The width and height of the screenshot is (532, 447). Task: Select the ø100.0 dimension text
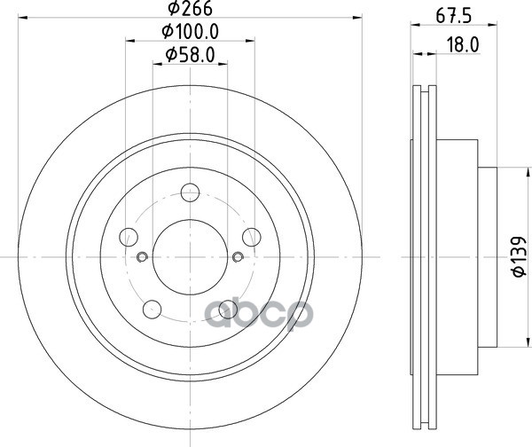tap(190, 32)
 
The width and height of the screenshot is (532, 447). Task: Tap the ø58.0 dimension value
tap(190, 55)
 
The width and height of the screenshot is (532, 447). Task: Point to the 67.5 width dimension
tap(454, 16)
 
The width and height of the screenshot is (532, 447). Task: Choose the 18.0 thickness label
tap(462, 45)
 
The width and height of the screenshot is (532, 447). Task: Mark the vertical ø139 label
tap(519, 256)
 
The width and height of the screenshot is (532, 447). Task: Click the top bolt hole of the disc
tap(190, 192)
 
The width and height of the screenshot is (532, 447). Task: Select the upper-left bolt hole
tap(129, 237)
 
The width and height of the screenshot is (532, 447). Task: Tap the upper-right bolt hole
tap(252, 237)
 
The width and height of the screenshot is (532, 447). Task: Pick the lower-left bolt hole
tap(152, 310)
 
